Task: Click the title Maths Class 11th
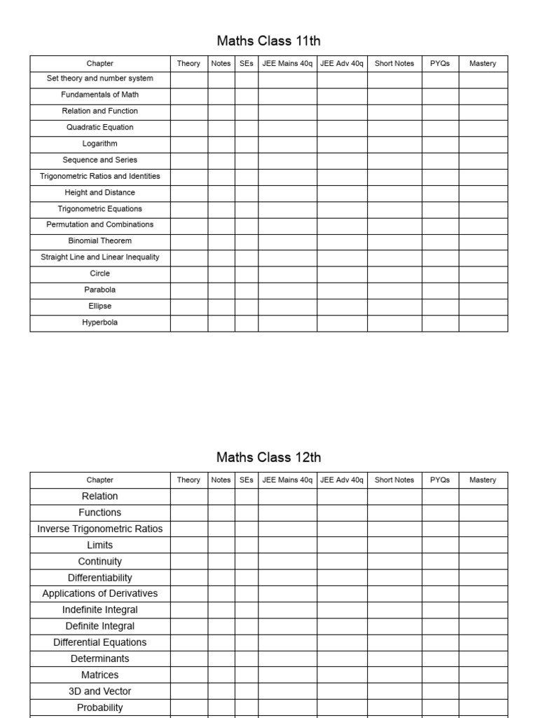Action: tap(269, 41)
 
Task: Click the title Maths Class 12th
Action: tap(269, 457)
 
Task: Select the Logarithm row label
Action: tap(100, 144)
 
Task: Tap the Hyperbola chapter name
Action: tap(100, 323)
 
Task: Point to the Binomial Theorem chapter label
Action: tap(100, 241)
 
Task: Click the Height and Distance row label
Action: tap(100, 193)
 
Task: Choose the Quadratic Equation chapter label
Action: tap(100, 128)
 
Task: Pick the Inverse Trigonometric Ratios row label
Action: tap(100, 529)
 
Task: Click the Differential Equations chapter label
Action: tap(100, 642)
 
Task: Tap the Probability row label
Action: tap(100, 707)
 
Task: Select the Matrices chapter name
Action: tap(100, 675)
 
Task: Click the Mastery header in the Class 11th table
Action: tap(483, 64)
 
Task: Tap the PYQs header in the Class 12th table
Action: tap(440, 480)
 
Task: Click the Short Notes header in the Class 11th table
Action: tap(394, 64)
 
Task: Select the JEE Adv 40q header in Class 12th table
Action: tap(342, 480)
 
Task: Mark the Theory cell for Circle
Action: tap(188, 273)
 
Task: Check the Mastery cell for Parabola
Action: tap(483, 290)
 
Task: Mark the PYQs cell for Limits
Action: tap(440, 545)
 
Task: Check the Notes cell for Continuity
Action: tap(221, 561)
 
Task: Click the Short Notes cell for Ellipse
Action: tap(394, 306)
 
